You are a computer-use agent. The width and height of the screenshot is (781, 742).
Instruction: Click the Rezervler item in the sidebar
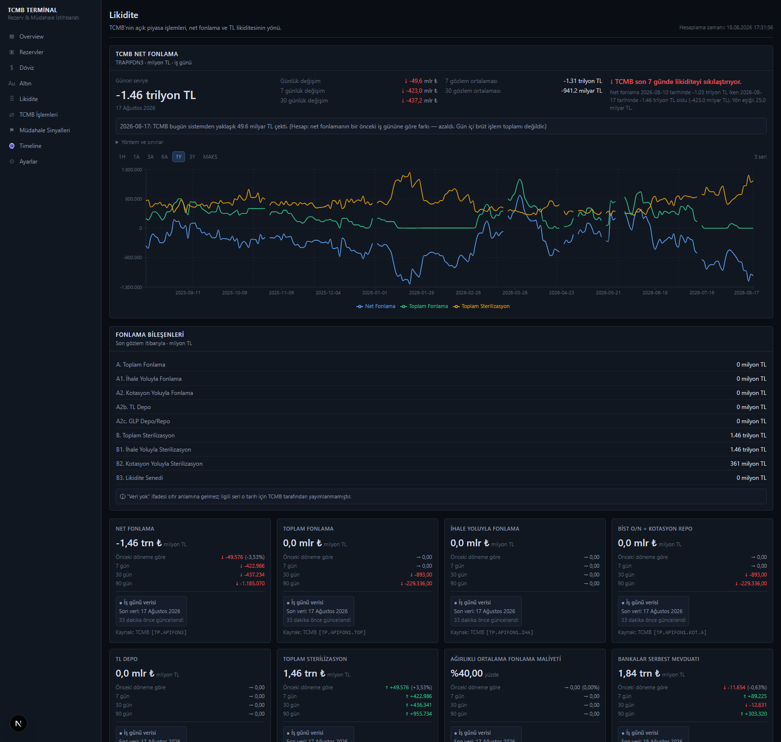point(31,52)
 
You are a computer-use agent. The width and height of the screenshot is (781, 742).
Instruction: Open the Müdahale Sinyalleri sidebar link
point(44,130)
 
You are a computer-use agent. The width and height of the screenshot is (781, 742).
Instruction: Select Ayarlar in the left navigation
point(28,162)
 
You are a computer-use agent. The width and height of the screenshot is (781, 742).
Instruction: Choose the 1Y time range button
point(179,157)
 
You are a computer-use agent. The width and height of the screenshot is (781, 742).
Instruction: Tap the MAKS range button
point(210,157)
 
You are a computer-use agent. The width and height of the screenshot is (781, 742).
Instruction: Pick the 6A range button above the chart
point(164,157)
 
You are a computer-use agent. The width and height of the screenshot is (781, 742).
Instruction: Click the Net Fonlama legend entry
point(376,307)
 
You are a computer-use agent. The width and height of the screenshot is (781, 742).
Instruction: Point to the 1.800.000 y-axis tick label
point(132,170)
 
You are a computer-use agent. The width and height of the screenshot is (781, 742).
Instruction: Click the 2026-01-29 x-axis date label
point(421,293)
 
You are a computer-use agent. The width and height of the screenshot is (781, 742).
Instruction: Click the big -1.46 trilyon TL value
point(156,95)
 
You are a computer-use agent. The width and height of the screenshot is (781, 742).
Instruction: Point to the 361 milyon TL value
point(748,464)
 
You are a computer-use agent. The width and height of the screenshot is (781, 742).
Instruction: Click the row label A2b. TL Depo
point(133,407)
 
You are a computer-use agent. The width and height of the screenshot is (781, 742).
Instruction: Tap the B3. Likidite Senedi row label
point(140,478)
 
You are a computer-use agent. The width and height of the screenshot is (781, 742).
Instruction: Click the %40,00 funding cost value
point(467,674)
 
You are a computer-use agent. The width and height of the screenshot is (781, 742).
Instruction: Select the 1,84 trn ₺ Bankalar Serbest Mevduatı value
point(639,674)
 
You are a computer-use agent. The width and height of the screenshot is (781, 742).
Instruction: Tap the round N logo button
point(18,723)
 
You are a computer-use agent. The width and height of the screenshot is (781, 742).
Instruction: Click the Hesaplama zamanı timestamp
point(726,28)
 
